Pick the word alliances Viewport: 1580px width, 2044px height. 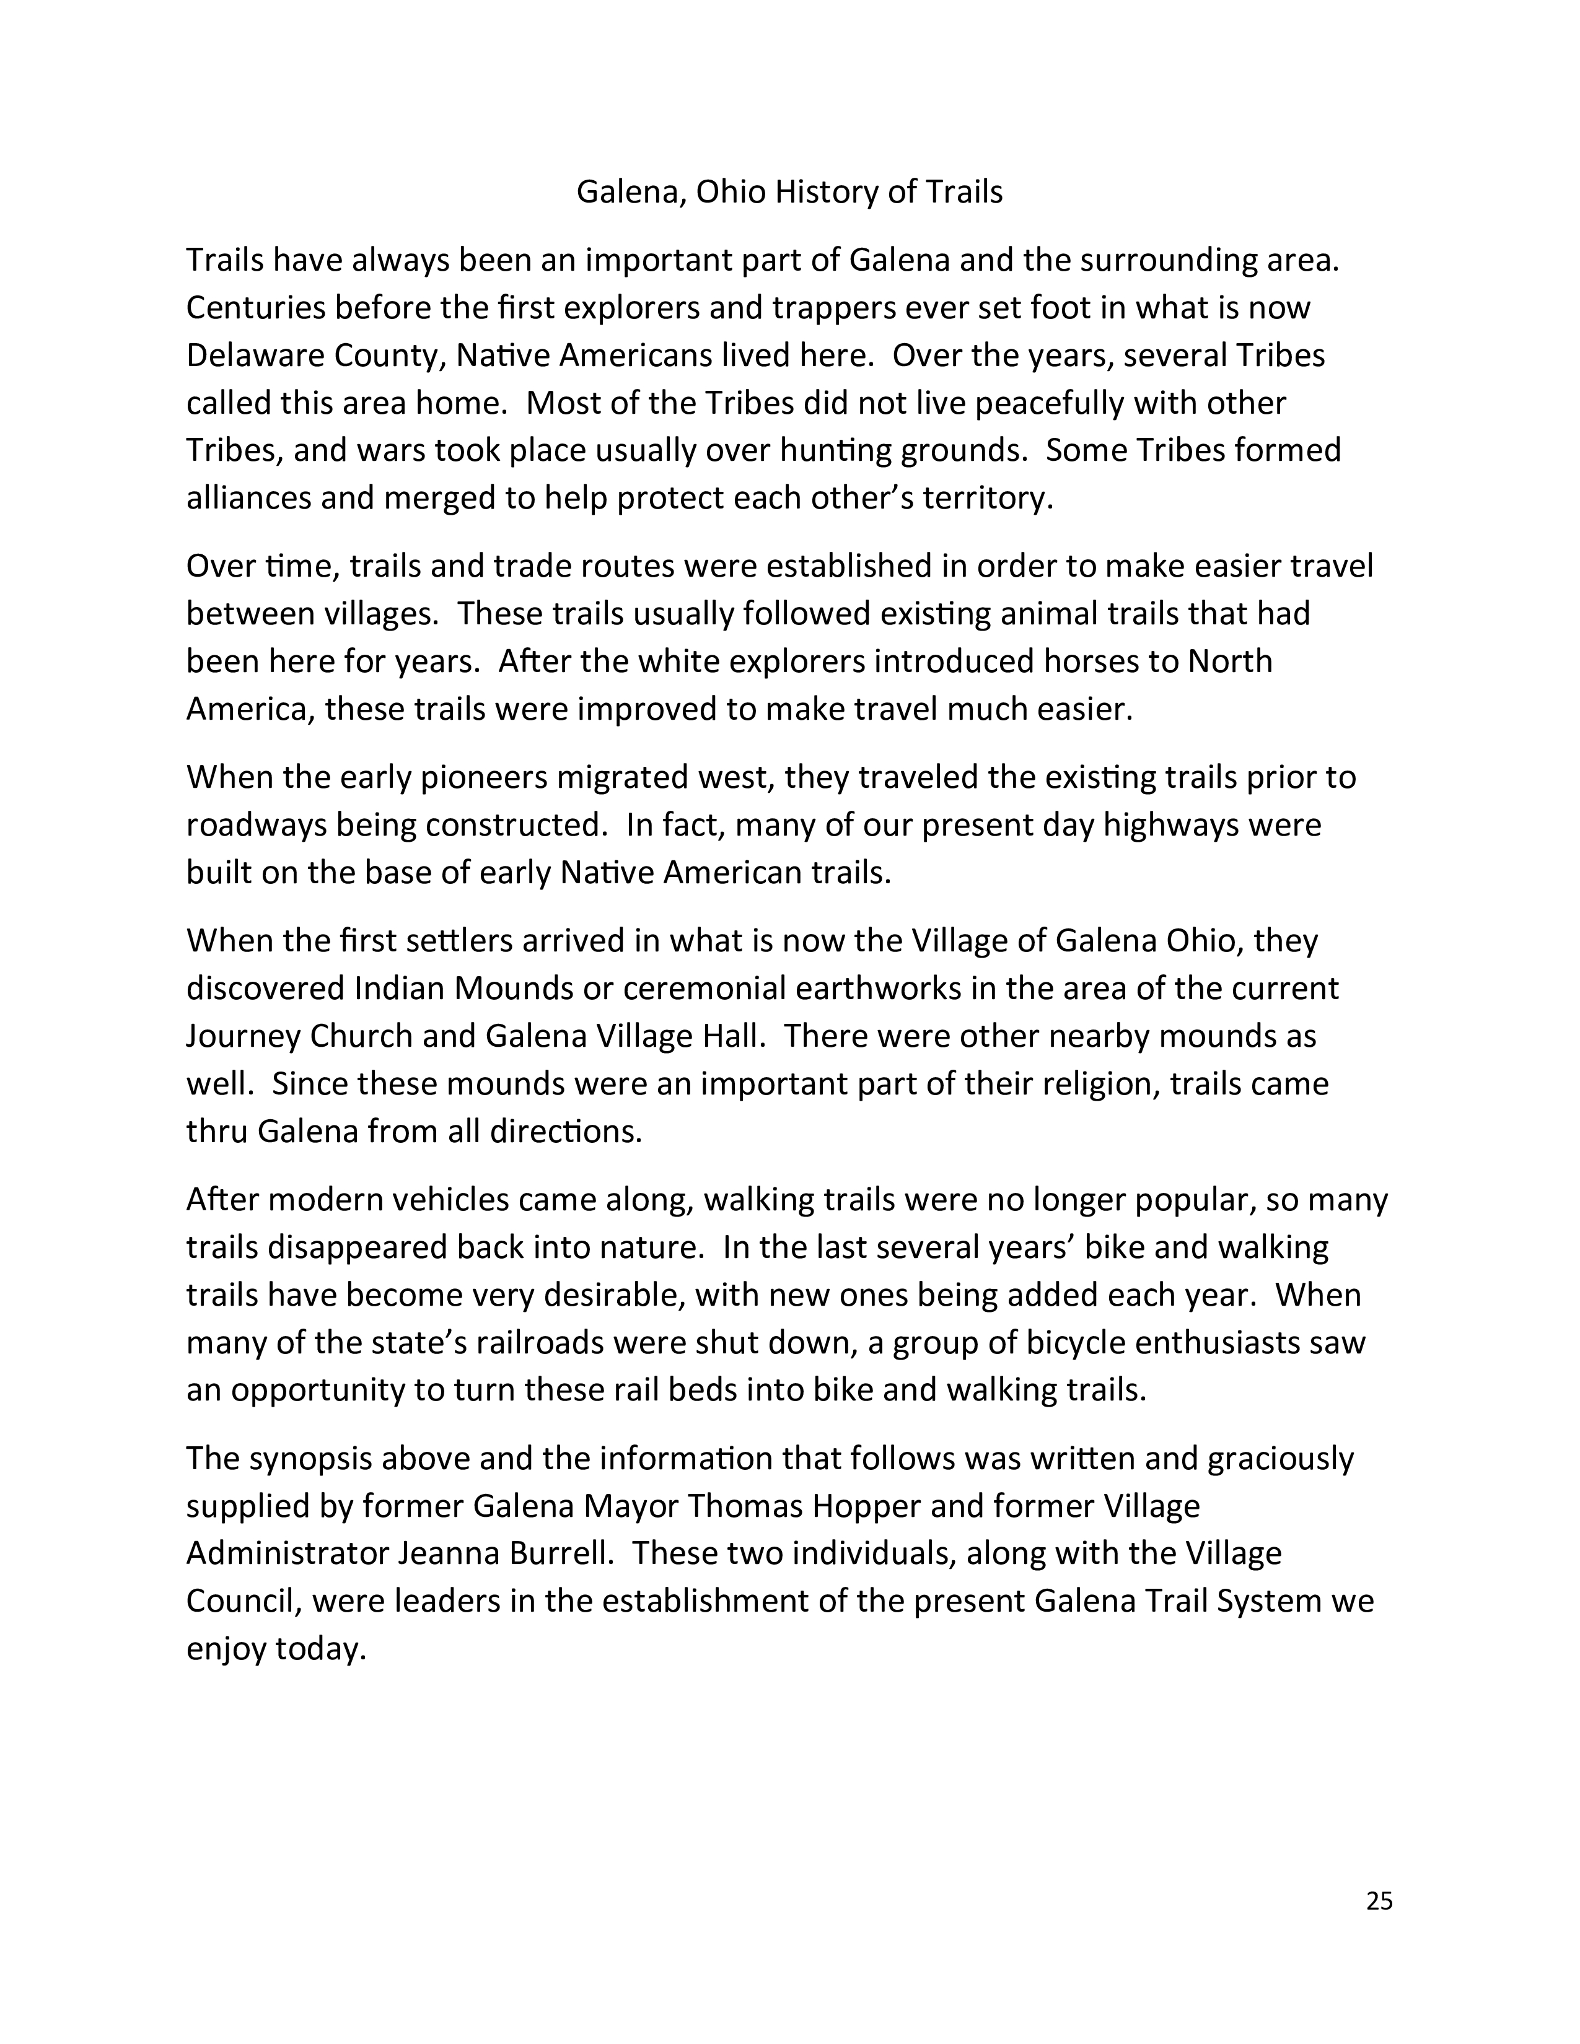click(x=248, y=498)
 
